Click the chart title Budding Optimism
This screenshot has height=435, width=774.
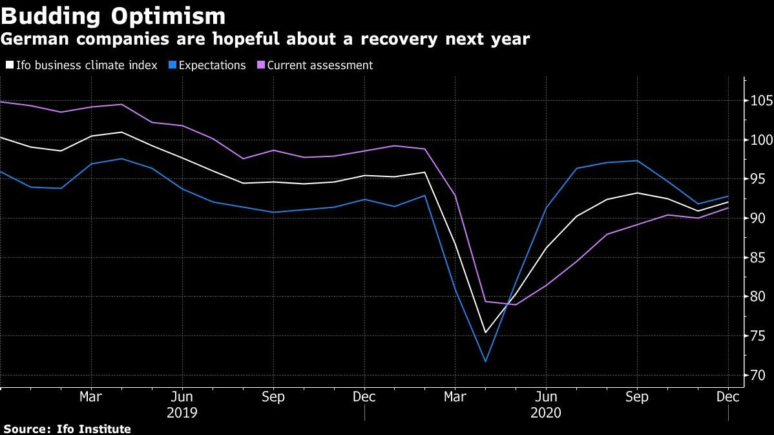point(113,16)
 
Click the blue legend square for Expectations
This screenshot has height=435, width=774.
point(171,65)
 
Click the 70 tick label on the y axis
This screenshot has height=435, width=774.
point(757,376)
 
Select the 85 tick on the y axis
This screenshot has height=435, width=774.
point(757,258)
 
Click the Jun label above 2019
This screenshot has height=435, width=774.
point(182,396)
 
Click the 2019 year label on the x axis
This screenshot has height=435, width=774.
point(182,412)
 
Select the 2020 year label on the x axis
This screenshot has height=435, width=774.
point(546,412)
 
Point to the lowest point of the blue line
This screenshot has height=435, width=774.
point(485,361)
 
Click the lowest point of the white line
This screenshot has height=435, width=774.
point(485,333)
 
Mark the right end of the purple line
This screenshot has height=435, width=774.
point(729,208)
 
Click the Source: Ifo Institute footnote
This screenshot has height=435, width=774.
point(67,429)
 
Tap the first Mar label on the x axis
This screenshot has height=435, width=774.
point(90,396)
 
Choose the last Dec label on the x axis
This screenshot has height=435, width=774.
point(728,396)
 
